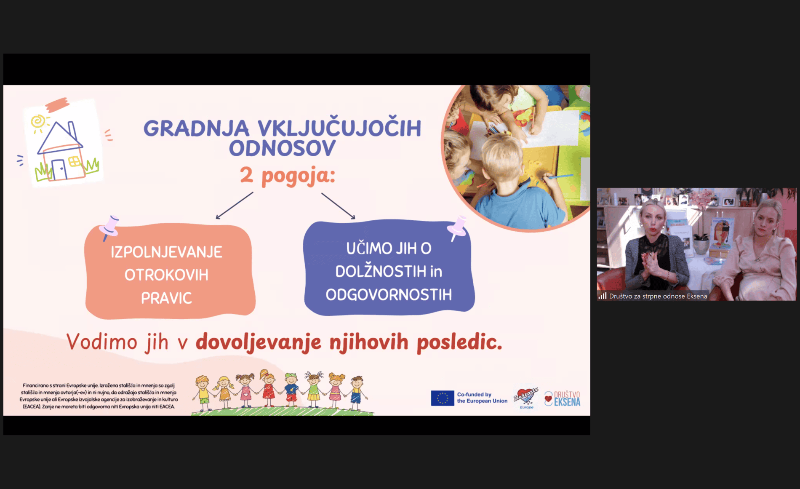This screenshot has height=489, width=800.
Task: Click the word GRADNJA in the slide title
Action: pyautogui.click(x=196, y=128)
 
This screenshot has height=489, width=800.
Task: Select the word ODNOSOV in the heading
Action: pyautogui.click(x=282, y=148)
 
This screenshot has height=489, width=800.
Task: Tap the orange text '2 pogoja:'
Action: pyautogui.click(x=288, y=175)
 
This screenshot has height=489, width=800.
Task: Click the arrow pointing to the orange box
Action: pyautogui.click(x=235, y=206)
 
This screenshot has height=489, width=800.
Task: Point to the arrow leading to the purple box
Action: pyautogui.click(x=339, y=206)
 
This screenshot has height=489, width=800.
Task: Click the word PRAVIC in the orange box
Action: pyautogui.click(x=166, y=298)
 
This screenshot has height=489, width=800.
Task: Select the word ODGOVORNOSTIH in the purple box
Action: pyautogui.click(x=389, y=294)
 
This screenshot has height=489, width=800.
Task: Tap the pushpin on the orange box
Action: pyautogui.click(x=109, y=227)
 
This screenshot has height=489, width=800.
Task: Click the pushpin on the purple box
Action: pyautogui.click(x=457, y=228)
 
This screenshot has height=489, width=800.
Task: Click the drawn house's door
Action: pyautogui.click(x=59, y=170)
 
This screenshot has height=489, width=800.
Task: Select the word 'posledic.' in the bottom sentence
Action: pyautogui.click(x=459, y=342)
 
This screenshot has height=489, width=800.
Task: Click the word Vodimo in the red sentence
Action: pyautogui.click(x=101, y=342)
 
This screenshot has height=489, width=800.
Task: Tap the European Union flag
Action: pyautogui.click(x=442, y=398)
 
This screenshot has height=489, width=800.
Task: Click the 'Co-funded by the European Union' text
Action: pyautogui.click(x=482, y=398)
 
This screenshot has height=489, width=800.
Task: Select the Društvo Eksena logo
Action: pyautogui.click(x=562, y=398)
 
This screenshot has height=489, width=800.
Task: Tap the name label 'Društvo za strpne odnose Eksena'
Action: pyautogui.click(x=658, y=296)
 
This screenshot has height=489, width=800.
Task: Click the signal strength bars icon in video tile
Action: pyautogui.click(x=603, y=296)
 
